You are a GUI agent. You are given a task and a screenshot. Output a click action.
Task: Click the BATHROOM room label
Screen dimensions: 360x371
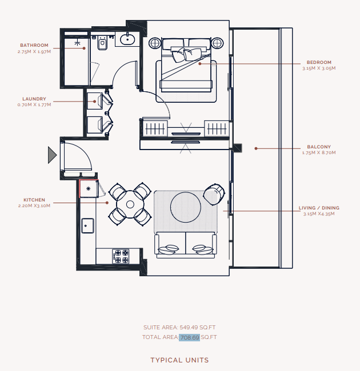[x=34, y=45]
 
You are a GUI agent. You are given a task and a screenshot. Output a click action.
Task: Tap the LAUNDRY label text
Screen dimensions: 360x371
[x=34, y=99]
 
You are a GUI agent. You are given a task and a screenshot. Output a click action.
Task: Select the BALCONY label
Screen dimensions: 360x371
[x=319, y=147]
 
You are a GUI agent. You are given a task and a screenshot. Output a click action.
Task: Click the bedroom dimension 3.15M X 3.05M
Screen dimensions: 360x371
[x=319, y=68]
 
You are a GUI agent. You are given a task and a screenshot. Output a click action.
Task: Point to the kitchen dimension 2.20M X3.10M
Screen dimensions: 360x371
[x=34, y=205]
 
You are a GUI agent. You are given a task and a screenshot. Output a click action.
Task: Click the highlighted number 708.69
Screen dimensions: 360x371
[x=190, y=337]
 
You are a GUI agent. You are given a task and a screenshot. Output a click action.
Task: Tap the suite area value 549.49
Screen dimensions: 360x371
[x=189, y=328]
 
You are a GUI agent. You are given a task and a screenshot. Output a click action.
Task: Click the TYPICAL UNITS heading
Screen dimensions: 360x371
[x=179, y=360]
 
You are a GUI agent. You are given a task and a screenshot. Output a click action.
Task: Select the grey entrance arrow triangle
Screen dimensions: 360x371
[x=52, y=155]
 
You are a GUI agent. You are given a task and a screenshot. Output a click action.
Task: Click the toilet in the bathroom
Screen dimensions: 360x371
[x=102, y=43]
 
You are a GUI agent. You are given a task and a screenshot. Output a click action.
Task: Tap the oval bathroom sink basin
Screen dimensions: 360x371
[x=127, y=39]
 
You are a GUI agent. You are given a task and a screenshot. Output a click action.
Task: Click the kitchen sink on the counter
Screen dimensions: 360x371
[x=87, y=225]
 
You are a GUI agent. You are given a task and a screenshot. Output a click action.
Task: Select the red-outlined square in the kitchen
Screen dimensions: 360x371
[x=89, y=188]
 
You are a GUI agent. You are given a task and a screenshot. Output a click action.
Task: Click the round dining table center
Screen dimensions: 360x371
[x=130, y=204]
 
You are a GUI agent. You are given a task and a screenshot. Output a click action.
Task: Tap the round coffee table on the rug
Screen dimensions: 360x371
[x=186, y=207]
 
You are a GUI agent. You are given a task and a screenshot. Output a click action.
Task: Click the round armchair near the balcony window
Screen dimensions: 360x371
[x=214, y=194]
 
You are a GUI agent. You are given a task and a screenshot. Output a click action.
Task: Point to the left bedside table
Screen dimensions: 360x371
[x=155, y=43]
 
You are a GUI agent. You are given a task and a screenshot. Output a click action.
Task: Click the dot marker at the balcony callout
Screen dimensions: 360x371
[x=256, y=148]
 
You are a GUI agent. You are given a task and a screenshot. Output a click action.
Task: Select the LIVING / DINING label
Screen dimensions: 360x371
[x=319, y=208]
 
